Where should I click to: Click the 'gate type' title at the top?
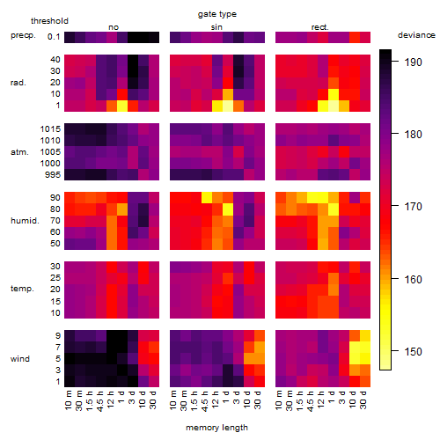pyautogui.click(x=217, y=14)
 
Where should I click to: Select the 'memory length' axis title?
pyautogui.click(x=216, y=428)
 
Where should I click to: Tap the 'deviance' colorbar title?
pyautogui.click(x=416, y=35)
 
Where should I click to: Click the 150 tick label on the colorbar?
pyautogui.click(x=413, y=351)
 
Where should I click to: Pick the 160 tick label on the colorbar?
pyautogui.click(x=413, y=279)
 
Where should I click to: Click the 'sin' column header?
pyautogui.click(x=216, y=27)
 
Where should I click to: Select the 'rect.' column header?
pyautogui.click(x=320, y=27)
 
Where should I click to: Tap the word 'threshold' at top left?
pyautogui.click(x=49, y=21)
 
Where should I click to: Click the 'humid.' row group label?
pyautogui.click(x=25, y=220)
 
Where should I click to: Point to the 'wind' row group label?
pyautogui.click(x=20, y=358)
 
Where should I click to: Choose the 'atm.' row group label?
pyautogui.click(x=19, y=152)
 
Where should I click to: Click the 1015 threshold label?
pyautogui.click(x=50, y=129)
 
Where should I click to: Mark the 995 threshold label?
pyautogui.click(x=53, y=175)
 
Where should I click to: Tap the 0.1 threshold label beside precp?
pyautogui.click(x=54, y=37)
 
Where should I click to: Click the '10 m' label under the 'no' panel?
pyautogui.click(x=69, y=400)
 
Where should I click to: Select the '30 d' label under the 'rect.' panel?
pyautogui.click(x=363, y=400)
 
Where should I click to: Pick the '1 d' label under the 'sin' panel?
pyautogui.click(x=227, y=396)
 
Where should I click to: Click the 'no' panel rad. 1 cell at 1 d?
pyautogui.click(x=122, y=106)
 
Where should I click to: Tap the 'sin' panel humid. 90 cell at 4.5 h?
pyautogui.click(x=207, y=198)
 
